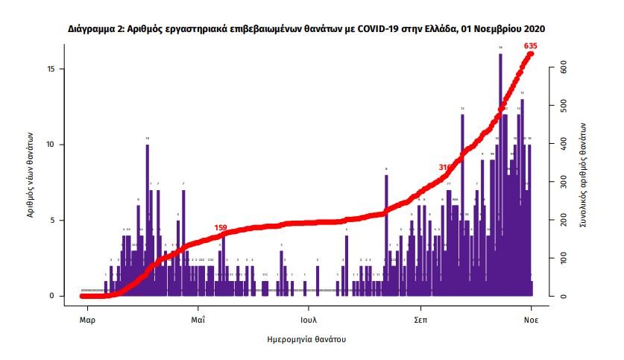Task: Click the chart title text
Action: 306,29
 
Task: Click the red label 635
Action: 531,46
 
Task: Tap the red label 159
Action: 221,227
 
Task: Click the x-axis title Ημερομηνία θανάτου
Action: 306,339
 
